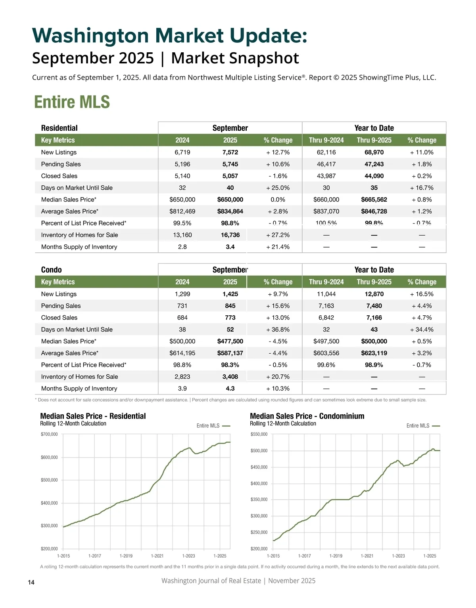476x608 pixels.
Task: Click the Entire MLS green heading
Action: point(72,102)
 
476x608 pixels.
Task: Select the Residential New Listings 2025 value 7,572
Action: point(230,152)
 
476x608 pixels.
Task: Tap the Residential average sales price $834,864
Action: point(230,212)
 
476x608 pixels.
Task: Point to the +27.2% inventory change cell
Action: point(278,235)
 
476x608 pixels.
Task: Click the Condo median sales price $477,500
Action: point(230,341)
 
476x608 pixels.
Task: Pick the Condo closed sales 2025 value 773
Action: point(230,318)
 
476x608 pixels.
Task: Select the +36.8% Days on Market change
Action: point(278,330)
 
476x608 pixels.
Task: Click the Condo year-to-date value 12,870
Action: point(374,294)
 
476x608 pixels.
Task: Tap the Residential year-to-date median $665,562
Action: point(374,200)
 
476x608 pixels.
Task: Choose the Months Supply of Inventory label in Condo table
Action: point(79,389)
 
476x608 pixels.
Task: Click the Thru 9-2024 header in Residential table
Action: point(326,140)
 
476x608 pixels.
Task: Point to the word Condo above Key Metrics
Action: point(52,270)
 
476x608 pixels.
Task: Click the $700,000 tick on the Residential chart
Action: point(49,435)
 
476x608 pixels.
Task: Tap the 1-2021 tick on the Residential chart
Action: point(157,556)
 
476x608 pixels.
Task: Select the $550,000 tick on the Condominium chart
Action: point(259,435)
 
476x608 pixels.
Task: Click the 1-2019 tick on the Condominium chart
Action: point(336,556)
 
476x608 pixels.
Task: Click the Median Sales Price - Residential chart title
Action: point(93,416)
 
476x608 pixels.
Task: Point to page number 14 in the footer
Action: point(31,582)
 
